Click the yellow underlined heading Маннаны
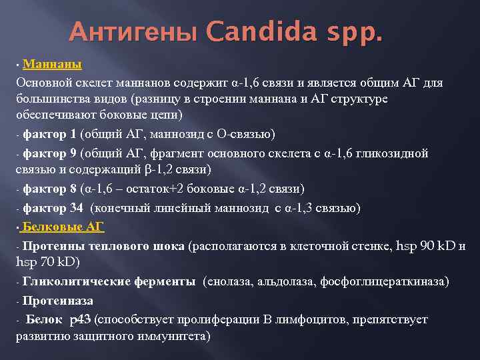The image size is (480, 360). (x=52, y=65)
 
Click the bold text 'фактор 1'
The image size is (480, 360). (x=49, y=135)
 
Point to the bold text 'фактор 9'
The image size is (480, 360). (x=49, y=153)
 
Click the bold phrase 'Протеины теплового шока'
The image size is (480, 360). (x=103, y=245)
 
